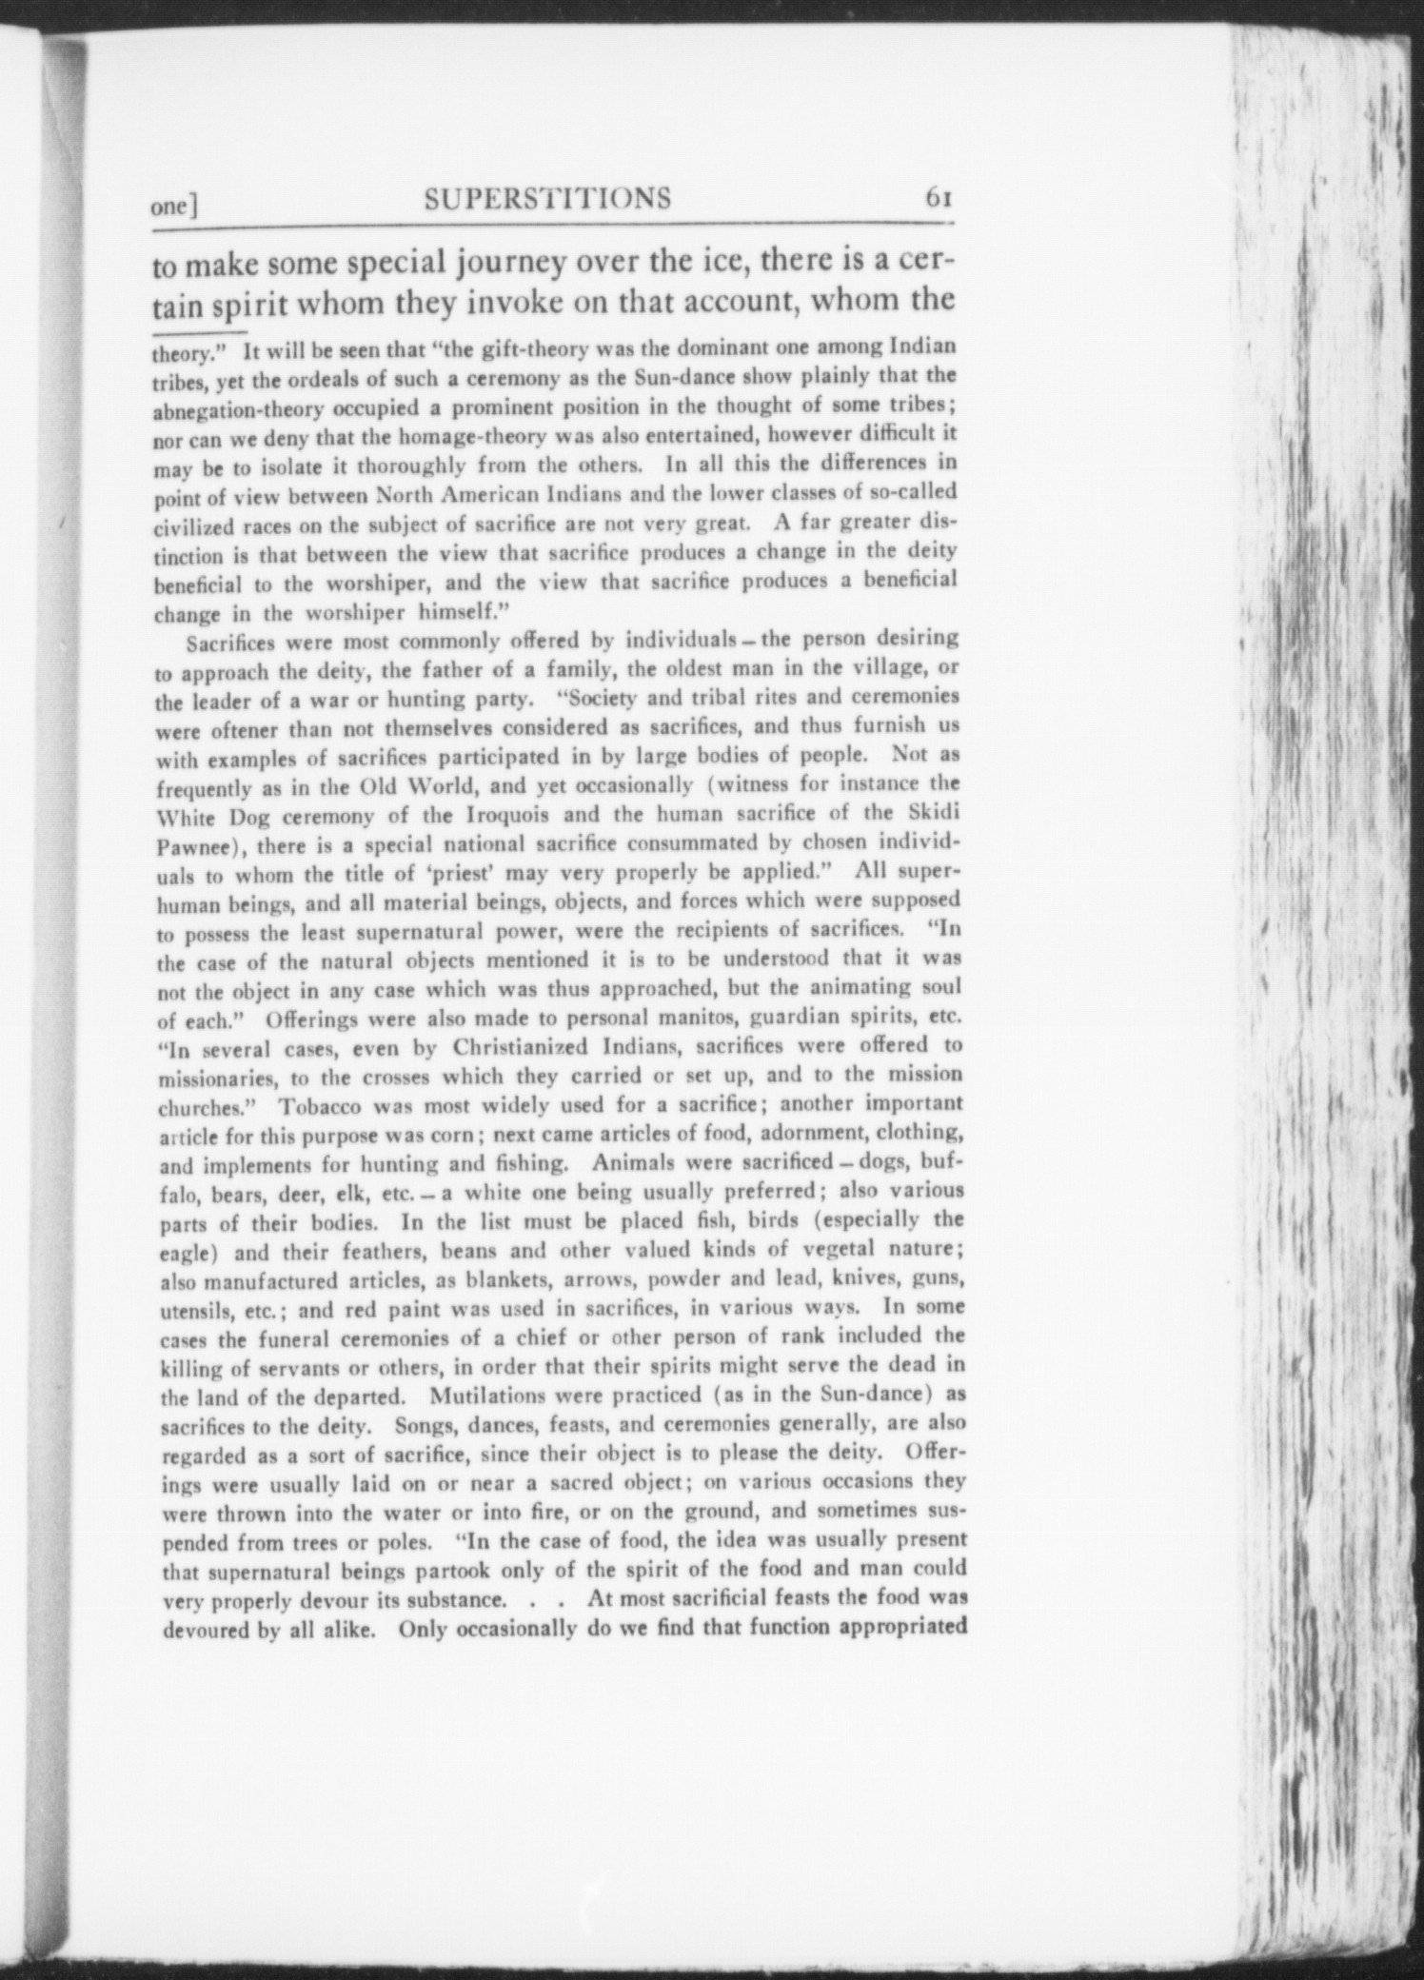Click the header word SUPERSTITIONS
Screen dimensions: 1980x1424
(x=547, y=198)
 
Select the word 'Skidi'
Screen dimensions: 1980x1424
(x=935, y=814)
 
